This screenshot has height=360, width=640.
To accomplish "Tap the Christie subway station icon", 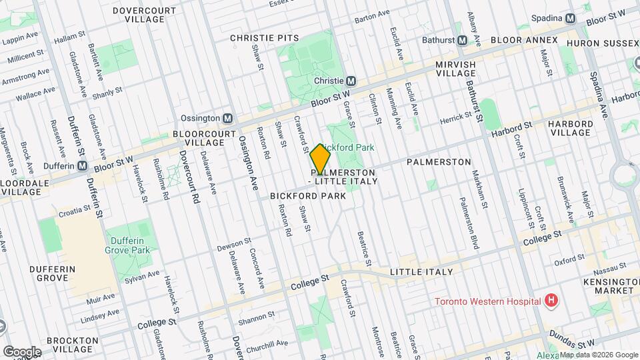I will tap(351, 80).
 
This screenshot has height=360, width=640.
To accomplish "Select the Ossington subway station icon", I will tap(227, 118).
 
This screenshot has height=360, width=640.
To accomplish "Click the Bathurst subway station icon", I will tap(462, 40).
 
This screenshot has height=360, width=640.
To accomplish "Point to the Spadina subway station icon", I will tap(570, 19).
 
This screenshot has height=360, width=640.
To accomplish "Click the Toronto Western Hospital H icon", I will tap(551, 301).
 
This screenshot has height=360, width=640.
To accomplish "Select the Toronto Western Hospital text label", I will tap(487, 301).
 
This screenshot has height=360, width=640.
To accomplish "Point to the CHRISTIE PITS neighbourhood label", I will tap(265, 39).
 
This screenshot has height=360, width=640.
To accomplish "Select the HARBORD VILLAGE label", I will tap(569, 128).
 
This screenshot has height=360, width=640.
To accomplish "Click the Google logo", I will tap(22, 351).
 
